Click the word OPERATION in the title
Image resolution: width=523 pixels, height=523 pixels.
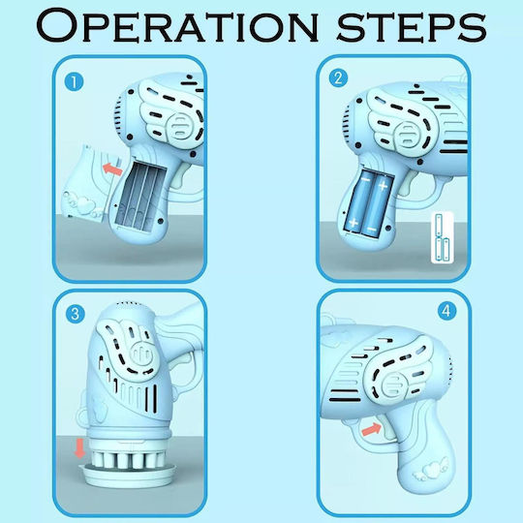[x=177, y=26]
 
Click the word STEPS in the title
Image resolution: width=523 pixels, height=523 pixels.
[x=412, y=27]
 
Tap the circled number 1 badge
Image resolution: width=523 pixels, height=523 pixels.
[x=74, y=82]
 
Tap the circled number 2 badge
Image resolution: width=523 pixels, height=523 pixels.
[x=338, y=77]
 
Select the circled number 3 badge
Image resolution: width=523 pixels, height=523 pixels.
[x=75, y=314]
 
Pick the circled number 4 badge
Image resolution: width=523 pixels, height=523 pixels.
[x=446, y=311]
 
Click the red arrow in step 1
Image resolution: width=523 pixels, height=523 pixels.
[x=112, y=169]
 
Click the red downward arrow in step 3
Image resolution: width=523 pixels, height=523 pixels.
[x=80, y=448]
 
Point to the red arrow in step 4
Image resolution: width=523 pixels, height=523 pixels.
[x=372, y=429]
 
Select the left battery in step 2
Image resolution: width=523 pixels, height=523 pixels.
[x=358, y=201]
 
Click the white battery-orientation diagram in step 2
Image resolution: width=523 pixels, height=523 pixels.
[x=443, y=237]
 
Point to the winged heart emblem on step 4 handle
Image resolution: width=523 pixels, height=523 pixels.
[x=430, y=471]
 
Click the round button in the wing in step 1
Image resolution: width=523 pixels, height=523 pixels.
[x=182, y=125]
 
